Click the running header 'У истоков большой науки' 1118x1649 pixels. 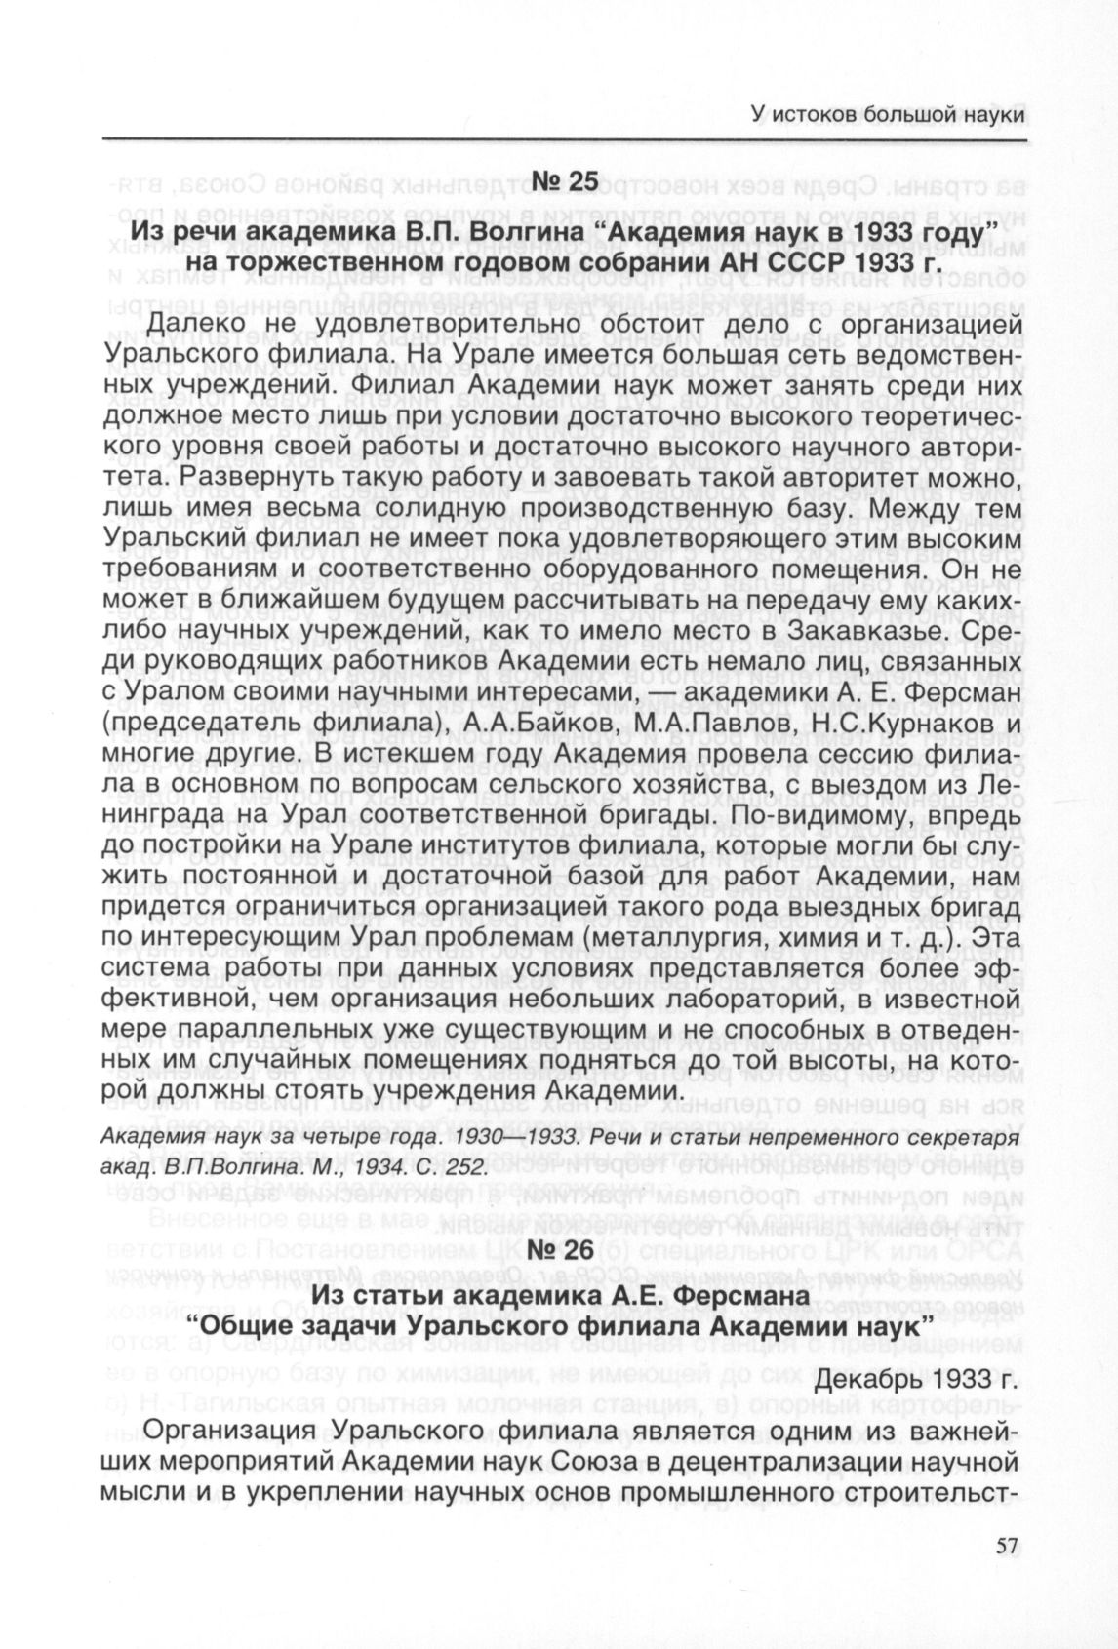point(889,115)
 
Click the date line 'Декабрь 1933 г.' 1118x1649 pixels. point(917,1383)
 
